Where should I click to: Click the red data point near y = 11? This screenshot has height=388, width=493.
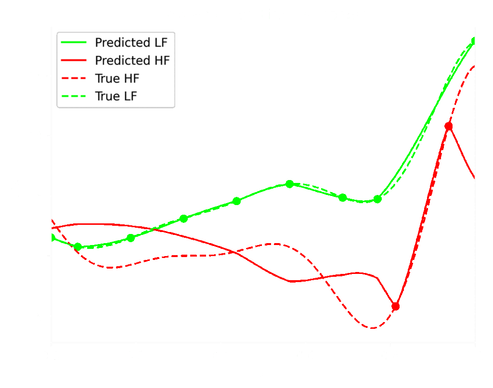[x=449, y=126]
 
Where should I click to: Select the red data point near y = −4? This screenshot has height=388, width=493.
[x=396, y=306]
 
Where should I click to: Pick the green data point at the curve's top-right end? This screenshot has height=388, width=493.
[x=475, y=41]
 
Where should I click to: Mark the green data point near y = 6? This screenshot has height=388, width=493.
[x=289, y=184]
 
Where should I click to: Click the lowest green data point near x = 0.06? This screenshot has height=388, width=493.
[x=78, y=246]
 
